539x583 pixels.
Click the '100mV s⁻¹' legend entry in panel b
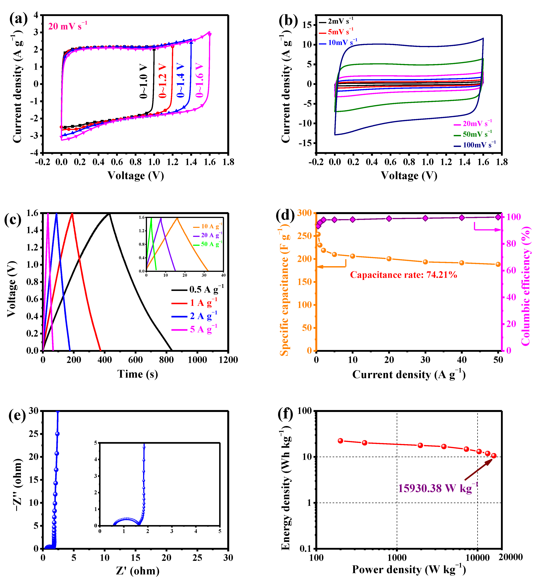point(478,145)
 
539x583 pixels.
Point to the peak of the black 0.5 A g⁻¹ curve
point(109,213)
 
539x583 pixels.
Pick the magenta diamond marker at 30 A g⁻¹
point(425,218)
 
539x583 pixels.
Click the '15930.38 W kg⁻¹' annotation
point(438,488)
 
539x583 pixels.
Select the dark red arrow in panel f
point(478,469)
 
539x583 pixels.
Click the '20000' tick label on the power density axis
point(510,557)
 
